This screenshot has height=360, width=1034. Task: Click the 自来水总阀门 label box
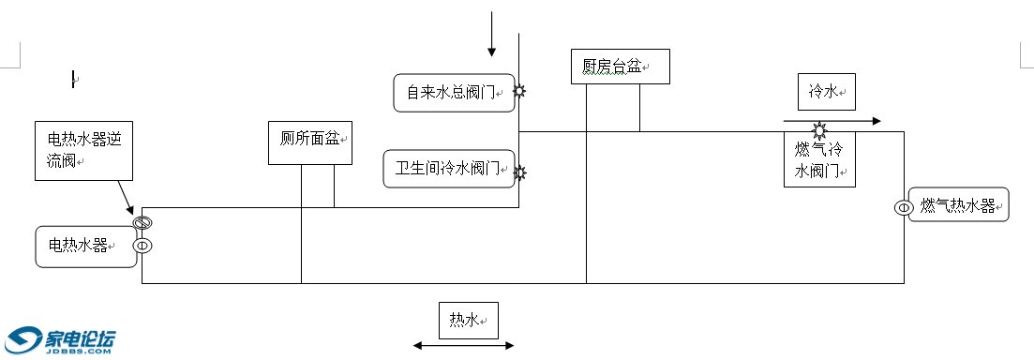pyautogui.click(x=454, y=93)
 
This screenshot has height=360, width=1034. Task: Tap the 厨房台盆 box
pyautogui.click(x=620, y=67)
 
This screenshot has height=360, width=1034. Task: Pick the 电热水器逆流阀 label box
pyautogui.click(x=83, y=149)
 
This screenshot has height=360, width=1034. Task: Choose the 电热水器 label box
pyautogui.click(x=85, y=246)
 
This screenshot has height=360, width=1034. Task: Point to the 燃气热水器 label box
pyautogui.click(x=958, y=205)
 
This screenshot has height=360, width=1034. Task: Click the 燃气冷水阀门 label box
pyautogui.click(x=819, y=160)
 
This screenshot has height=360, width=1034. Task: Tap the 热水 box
pyautogui.click(x=468, y=321)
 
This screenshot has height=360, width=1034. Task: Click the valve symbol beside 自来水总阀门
pyautogui.click(x=518, y=91)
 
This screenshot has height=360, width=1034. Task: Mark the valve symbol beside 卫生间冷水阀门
pyautogui.click(x=519, y=172)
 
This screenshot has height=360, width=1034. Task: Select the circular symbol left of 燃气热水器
pyautogui.click(x=904, y=207)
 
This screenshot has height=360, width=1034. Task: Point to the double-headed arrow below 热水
pyautogui.click(x=464, y=346)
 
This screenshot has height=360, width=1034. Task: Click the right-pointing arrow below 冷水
pyautogui.click(x=832, y=121)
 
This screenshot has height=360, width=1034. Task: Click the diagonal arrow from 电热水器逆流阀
pyautogui.click(x=127, y=197)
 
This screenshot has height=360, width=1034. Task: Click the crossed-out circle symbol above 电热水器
pyautogui.click(x=142, y=223)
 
